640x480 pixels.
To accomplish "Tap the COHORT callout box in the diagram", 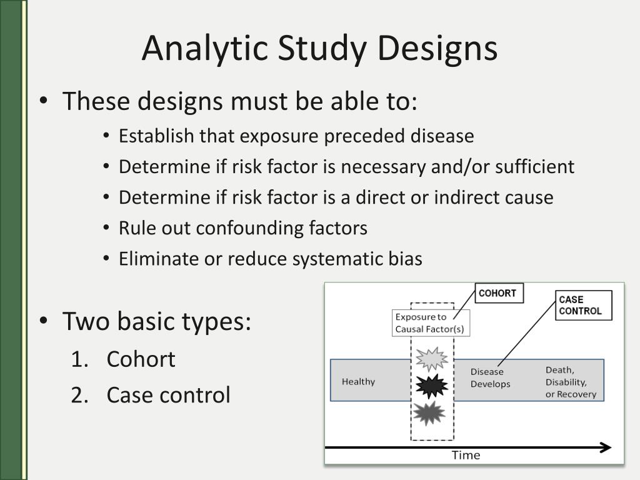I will tap(499, 293).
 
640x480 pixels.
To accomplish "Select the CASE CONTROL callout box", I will tap(583, 305).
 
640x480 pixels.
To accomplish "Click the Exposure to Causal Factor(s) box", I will tap(430, 323).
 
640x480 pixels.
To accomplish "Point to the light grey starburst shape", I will tap(432, 359).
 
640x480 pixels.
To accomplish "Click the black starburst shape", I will tap(432, 386).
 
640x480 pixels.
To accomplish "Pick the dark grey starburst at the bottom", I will tap(430, 413).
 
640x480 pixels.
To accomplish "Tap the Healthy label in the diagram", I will tap(358, 381).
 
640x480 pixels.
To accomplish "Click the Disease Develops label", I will tap(490, 378).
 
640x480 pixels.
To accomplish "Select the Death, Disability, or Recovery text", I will tap(571, 382).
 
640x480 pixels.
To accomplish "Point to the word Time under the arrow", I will tap(466, 456).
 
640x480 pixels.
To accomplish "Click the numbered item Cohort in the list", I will tap(141, 359).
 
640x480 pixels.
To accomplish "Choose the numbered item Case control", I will tap(168, 395).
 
